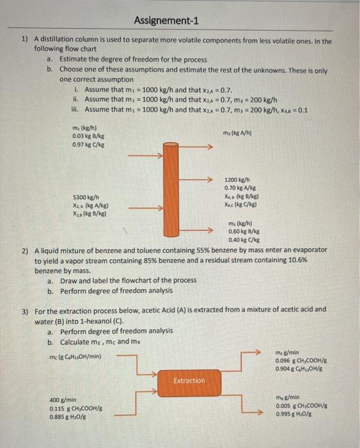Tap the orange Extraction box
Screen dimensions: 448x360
click(x=189, y=380)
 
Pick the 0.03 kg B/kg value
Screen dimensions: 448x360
click(x=89, y=136)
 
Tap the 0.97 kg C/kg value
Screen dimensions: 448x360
click(x=89, y=143)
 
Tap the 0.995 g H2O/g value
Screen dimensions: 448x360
click(x=295, y=413)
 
